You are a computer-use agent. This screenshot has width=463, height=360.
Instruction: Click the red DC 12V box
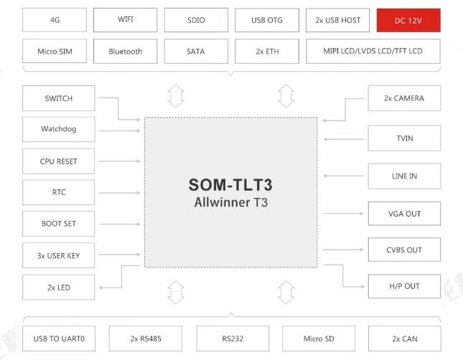point(408,20)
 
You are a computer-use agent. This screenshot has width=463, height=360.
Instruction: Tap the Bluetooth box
point(126,52)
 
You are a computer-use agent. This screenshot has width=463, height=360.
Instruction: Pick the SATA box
point(195,52)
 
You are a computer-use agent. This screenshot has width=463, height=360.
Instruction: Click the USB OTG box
point(267,20)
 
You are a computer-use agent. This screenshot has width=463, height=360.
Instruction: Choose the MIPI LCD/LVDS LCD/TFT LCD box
point(373,52)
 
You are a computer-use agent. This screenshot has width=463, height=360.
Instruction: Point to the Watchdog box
point(58,130)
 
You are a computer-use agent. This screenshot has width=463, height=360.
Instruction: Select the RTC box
point(58,192)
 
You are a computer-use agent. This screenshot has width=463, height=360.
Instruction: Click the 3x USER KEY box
point(58,255)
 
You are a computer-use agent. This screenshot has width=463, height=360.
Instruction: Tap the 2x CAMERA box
point(404,98)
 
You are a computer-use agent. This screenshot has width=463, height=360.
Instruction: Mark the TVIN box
point(404,138)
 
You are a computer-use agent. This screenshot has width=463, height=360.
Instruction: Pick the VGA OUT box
point(404,214)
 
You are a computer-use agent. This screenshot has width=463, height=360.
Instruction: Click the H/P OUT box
point(404,286)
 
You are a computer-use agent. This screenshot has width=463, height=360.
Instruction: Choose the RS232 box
point(231,338)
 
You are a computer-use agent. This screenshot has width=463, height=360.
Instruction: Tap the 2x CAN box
point(404,338)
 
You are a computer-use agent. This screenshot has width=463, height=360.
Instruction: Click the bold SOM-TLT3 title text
point(230,184)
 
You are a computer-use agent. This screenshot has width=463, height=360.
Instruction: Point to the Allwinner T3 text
point(230,202)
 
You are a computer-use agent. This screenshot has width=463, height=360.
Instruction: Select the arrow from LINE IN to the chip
point(345,176)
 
